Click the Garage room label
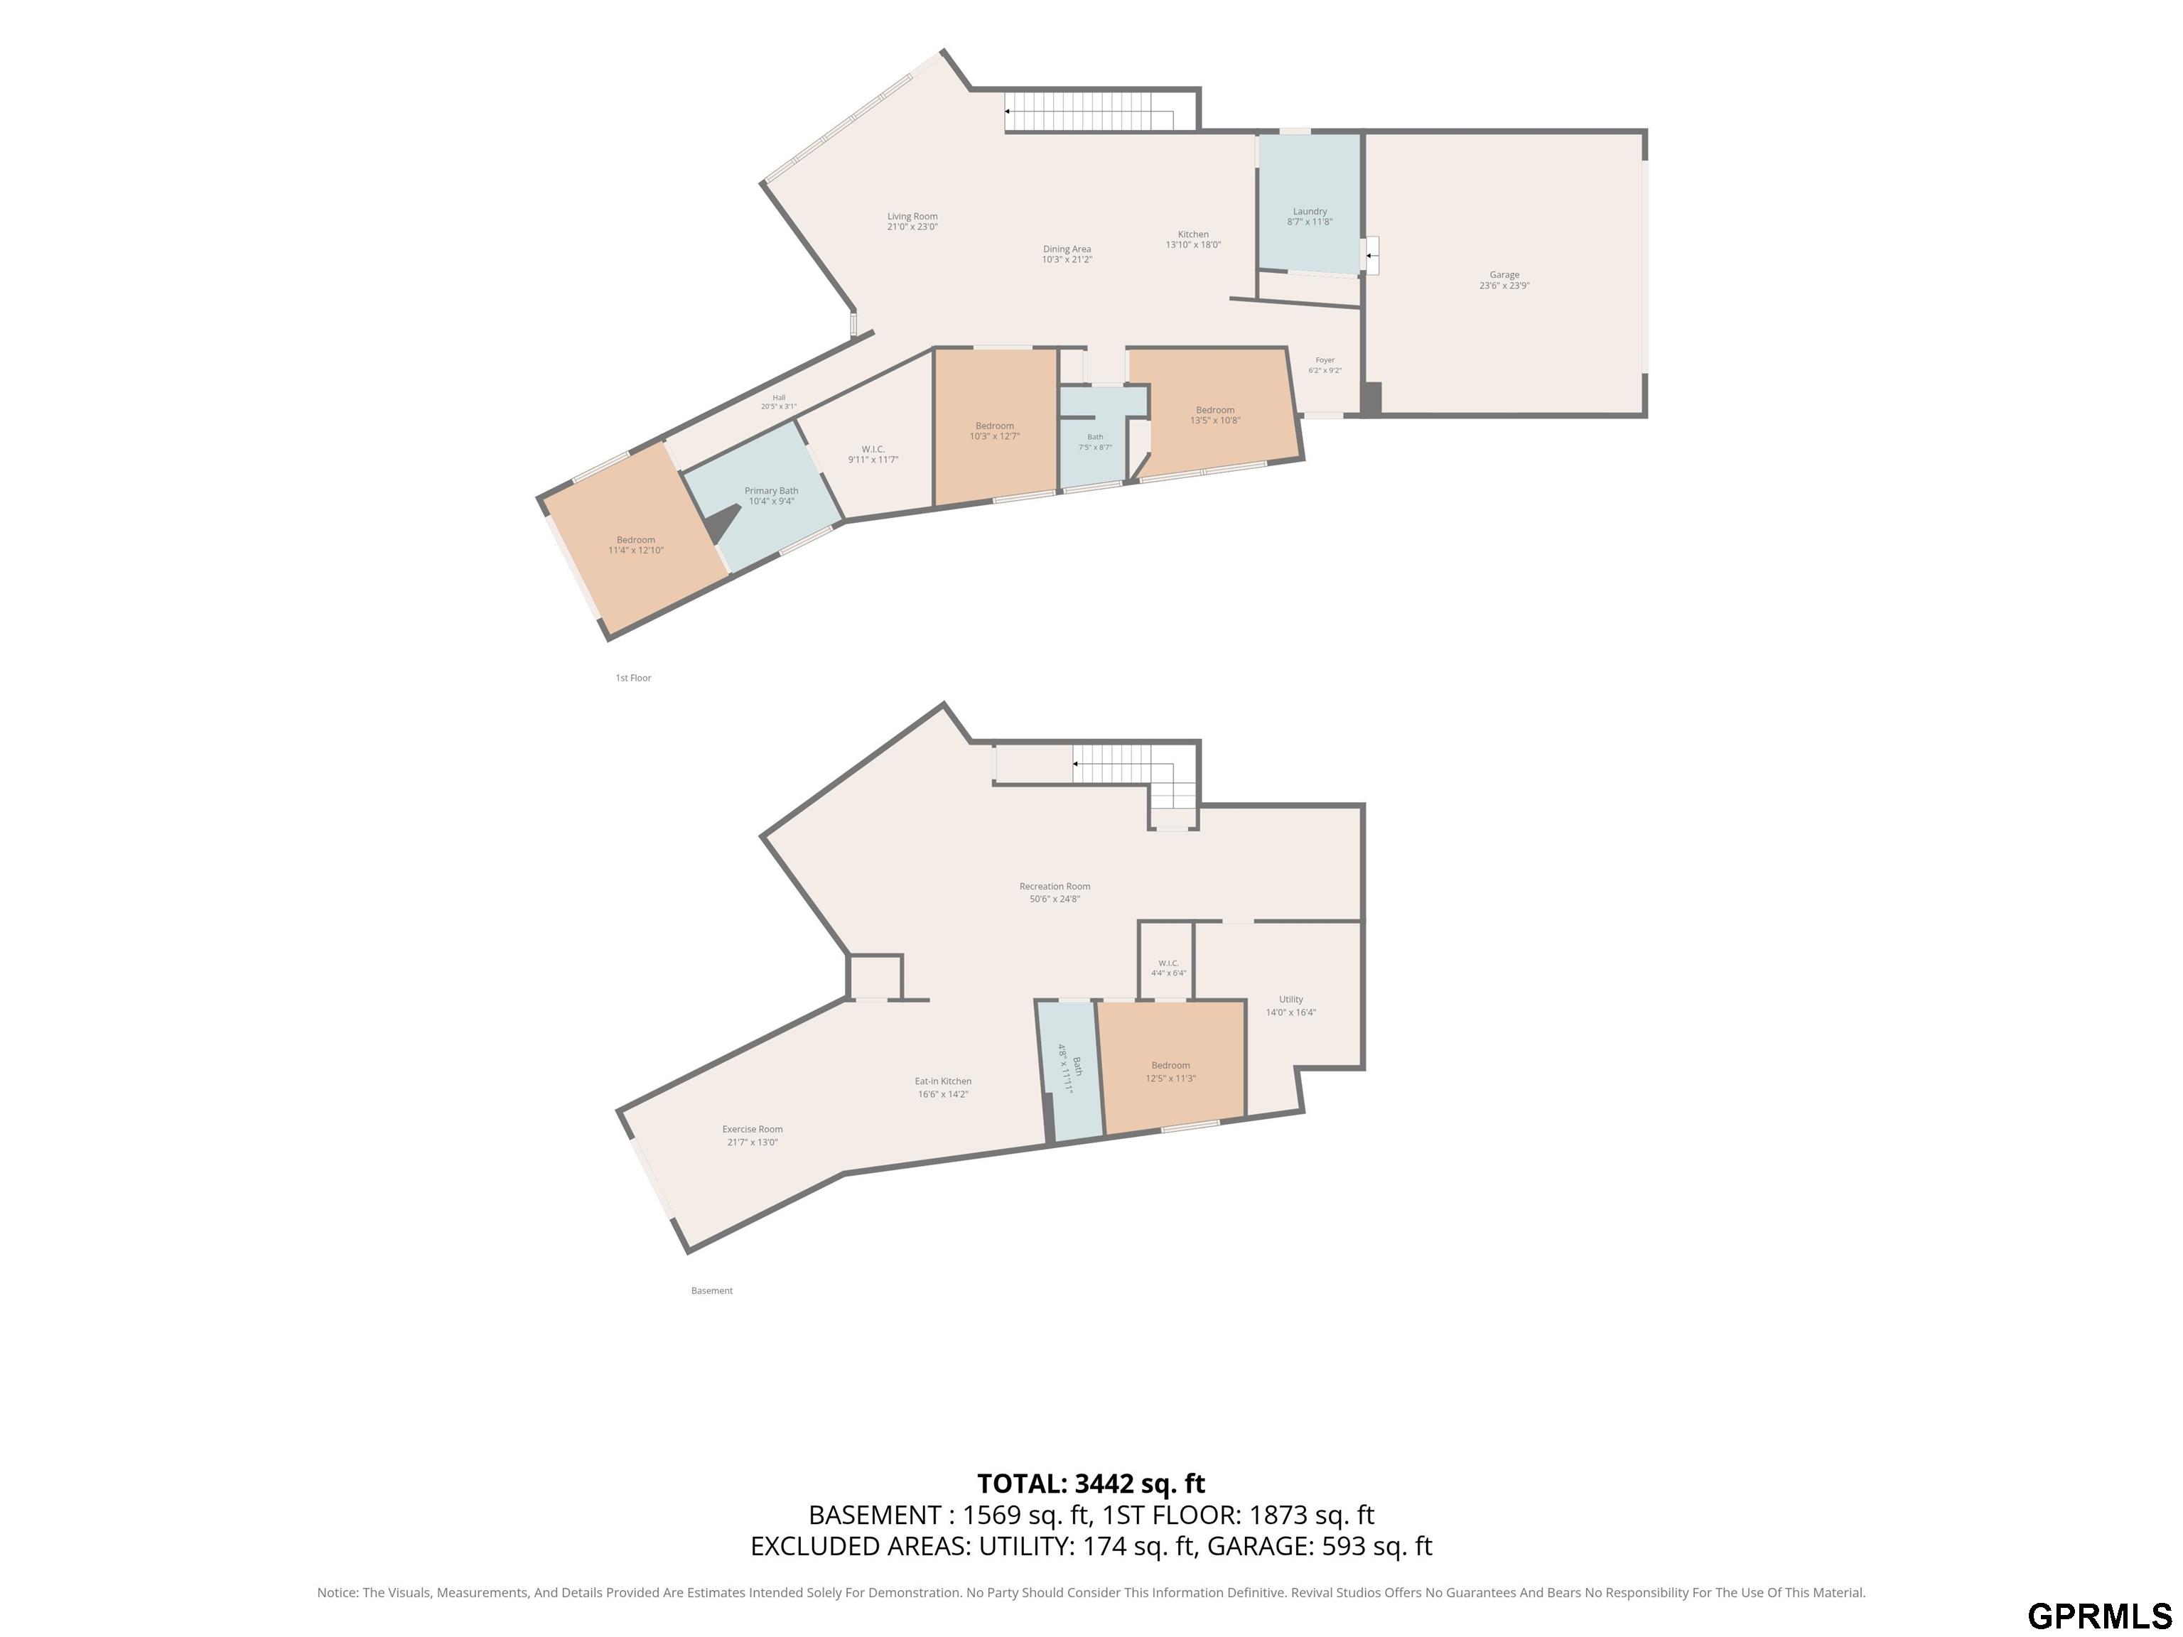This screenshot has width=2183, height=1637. [1504, 280]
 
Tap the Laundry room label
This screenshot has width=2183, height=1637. [1310, 216]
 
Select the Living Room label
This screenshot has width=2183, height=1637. [912, 221]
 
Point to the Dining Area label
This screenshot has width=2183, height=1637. [1067, 254]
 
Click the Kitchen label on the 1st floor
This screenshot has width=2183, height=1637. [1193, 239]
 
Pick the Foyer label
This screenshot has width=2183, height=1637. [1325, 365]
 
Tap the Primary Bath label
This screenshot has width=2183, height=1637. [771, 495]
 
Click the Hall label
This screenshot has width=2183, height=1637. [779, 401]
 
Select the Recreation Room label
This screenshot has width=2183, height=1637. [1054, 892]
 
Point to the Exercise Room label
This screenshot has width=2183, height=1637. [752, 1135]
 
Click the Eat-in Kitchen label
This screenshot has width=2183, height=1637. [942, 1087]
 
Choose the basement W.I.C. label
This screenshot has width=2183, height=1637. [1168, 967]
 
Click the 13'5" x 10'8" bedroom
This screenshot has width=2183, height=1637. [1215, 414]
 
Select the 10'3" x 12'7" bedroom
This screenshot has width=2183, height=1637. [994, 431]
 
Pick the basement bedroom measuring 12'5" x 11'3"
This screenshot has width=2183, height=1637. [1170, 1071]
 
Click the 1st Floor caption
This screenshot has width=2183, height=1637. [634, 678]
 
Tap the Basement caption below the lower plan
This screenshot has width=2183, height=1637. [711, 1291]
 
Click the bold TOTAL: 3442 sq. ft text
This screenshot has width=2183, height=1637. [1091, 1483]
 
